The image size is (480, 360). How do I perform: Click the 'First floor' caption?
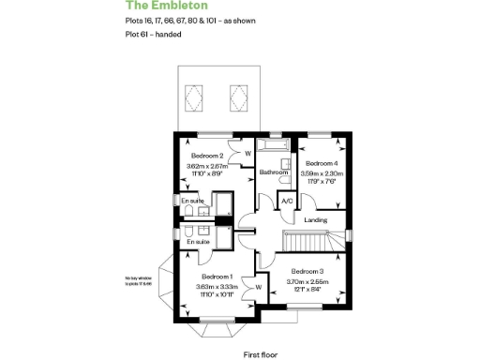click(262, 354)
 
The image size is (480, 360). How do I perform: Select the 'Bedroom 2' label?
click(206, 156)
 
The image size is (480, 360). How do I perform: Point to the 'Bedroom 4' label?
click(321, 162)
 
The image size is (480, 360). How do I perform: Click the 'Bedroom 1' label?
click(217, 277)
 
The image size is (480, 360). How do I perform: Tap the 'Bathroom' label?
click(273, 172)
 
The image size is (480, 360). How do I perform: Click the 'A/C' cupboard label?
click(287, 200)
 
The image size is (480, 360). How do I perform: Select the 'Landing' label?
click(316, 220)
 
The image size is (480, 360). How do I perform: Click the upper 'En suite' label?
click(192, 201)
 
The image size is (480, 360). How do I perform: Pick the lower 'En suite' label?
click(198, 242)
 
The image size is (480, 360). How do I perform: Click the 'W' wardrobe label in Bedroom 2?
click(247, 153)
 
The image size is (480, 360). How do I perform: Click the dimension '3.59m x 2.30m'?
click(321, 172)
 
